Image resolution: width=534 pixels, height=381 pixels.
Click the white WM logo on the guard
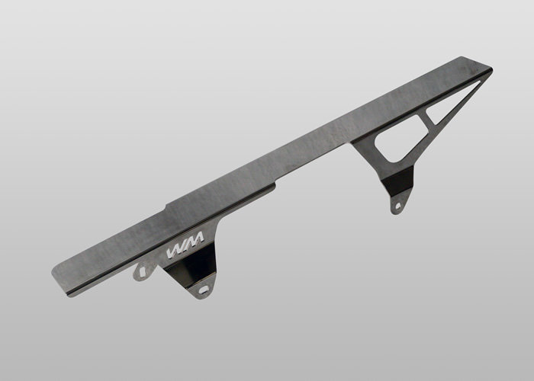[185, 245]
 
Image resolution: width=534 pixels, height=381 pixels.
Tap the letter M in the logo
[195, 241]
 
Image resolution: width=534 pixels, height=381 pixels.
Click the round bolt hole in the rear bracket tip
[397, 206]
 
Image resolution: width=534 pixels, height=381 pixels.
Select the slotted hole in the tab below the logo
[204, 290]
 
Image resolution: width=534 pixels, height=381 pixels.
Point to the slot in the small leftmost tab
[143, 271]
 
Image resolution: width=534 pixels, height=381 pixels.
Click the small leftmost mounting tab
[143, 271]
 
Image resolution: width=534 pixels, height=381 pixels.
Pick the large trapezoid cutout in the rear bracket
[400, 139]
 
